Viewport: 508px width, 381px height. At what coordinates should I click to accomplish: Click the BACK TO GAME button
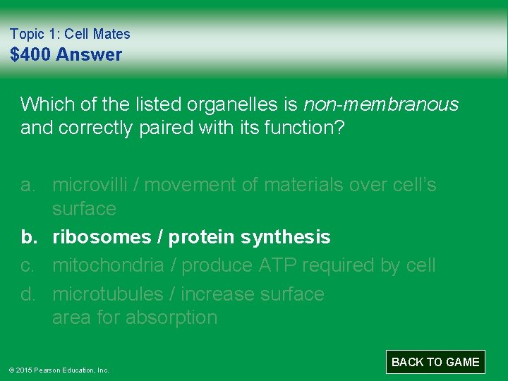pos(435,362)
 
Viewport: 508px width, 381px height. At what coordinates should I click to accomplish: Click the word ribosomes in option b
pos(102,237)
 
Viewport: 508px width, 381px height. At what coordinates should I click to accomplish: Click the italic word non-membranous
pos(380,104)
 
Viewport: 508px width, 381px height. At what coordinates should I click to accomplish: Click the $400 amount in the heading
pos(30,54)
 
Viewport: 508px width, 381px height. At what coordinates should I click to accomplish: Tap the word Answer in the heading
pos(89,54)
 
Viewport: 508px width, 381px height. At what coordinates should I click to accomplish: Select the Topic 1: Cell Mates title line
pos(70,34)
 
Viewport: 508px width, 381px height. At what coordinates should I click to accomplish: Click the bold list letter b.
pos(28,237)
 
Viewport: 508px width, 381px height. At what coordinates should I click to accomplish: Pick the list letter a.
pos(28,185)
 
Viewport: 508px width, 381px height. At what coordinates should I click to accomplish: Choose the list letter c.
pos(28,265)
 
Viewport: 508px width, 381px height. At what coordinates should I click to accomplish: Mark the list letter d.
pos(28,294)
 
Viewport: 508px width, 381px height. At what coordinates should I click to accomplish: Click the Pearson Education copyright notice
pos(59,370)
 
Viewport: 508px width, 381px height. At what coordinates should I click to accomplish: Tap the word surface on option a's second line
pos(83,209)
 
